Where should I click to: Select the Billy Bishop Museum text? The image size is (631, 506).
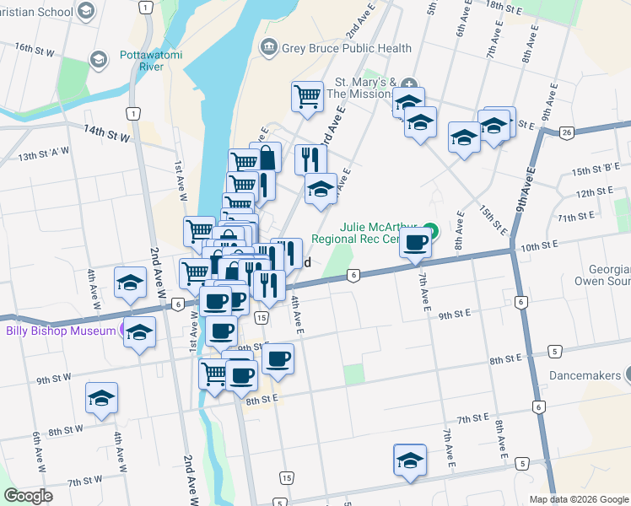pyautogui.click(x=59, y=331)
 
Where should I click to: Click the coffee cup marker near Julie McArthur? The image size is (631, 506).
pyautogui.click(x=414, y=244)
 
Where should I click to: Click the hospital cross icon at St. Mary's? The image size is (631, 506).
pyautogui.click(x=409, y=83)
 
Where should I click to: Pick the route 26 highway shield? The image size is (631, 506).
pyautogui.click(x=567, y=132)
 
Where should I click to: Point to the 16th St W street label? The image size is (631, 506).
pyautogui.click(x=35, y=51)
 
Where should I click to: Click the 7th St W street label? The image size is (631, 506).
pyautogui.click(x=85, y=482)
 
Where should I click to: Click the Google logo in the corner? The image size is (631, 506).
pyautogui.click(x=28, y=496)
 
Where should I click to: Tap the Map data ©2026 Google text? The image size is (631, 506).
pyautogui.click(x=579, y=499)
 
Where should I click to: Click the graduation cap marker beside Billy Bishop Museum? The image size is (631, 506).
pyautogui.click(x=139, y=333)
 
